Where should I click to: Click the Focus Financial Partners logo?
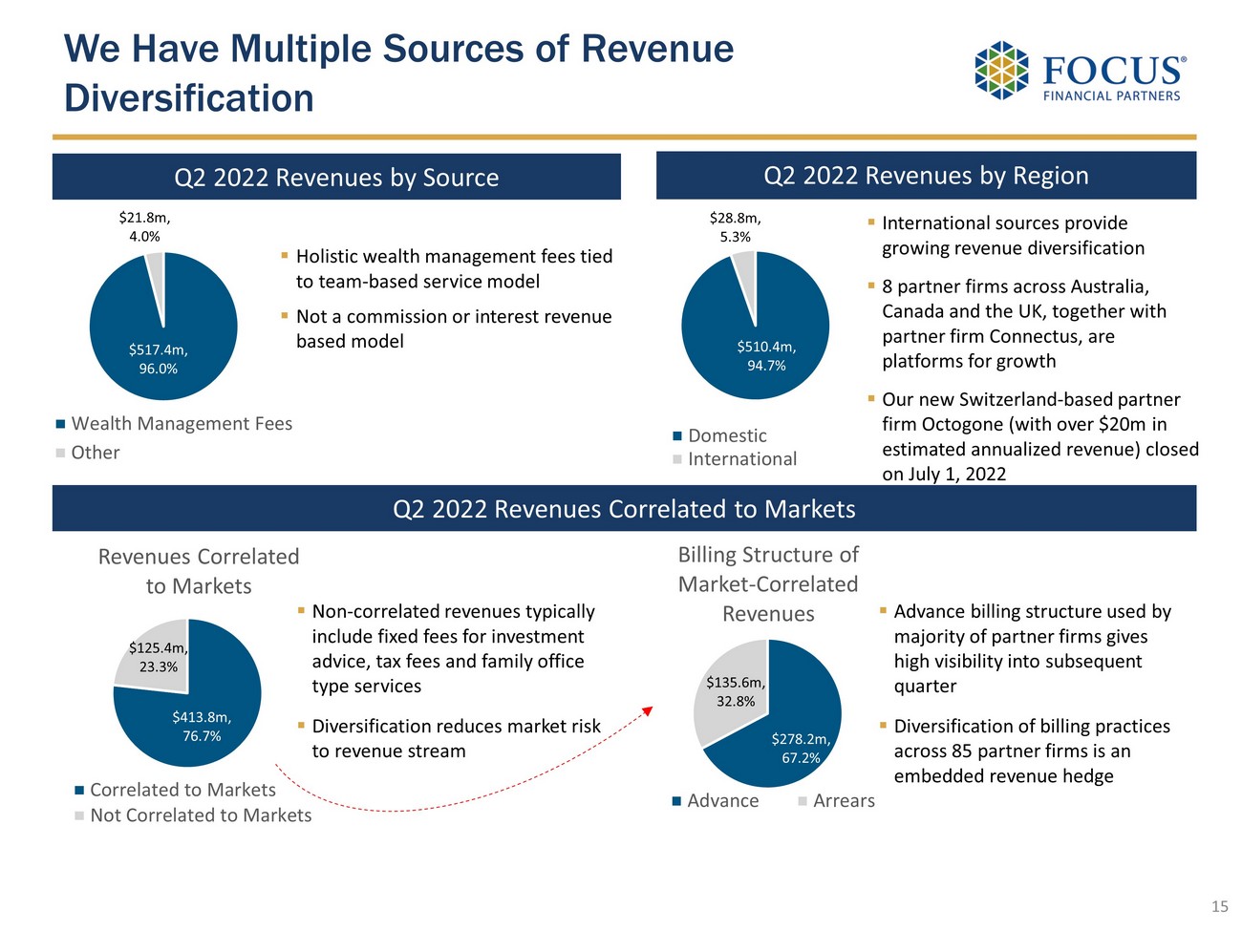coord(1080,71)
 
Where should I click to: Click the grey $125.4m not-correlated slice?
coord(153,657)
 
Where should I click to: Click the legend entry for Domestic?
coord(726,435)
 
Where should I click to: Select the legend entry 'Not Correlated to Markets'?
coord(200,815)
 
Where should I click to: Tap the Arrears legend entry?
coord(843,801)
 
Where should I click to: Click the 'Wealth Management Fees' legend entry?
coord(181,424)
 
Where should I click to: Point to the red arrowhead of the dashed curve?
coord(648,710)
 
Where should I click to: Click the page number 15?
coord(1219,906)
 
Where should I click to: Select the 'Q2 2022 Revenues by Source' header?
coord(336,178)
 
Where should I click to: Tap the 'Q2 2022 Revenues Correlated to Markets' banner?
coord(624,509)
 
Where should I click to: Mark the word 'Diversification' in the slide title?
coord(189,98)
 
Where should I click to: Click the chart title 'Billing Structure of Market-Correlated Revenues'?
coord(768,583)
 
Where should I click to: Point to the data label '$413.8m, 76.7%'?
coord(202,727)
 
